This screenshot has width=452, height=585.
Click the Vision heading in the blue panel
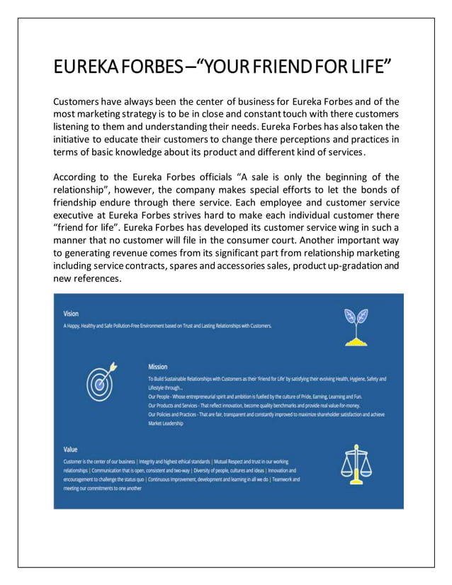pyautogui.click(x=71, y=313)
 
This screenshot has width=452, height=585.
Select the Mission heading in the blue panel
pyautogui.click(x=158, y=366)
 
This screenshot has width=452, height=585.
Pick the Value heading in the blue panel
pyautogui.click(x=70, y=449)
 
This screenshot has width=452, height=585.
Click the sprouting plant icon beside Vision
pyautogui.click(x=356, y=326)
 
